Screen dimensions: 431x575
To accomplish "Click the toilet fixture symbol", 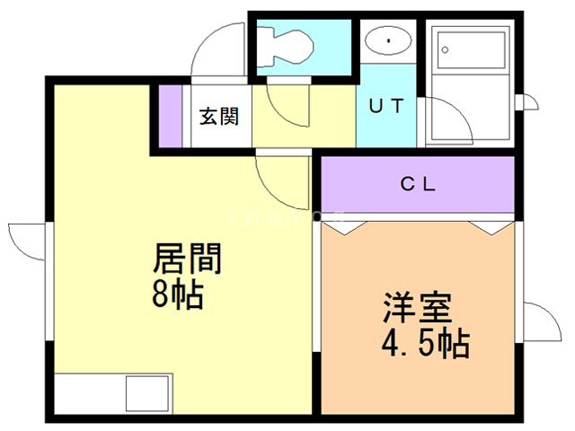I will point(287,45).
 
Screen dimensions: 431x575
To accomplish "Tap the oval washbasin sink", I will point(388,41).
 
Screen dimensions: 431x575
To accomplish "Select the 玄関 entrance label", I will point(218,117).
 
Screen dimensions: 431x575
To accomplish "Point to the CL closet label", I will point(418,186).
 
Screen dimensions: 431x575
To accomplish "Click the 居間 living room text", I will point(188,260).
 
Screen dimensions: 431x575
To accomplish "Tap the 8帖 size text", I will point(178,294).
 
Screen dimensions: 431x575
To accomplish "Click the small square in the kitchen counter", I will point(146,394).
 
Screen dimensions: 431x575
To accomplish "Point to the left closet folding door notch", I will point(344,225).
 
